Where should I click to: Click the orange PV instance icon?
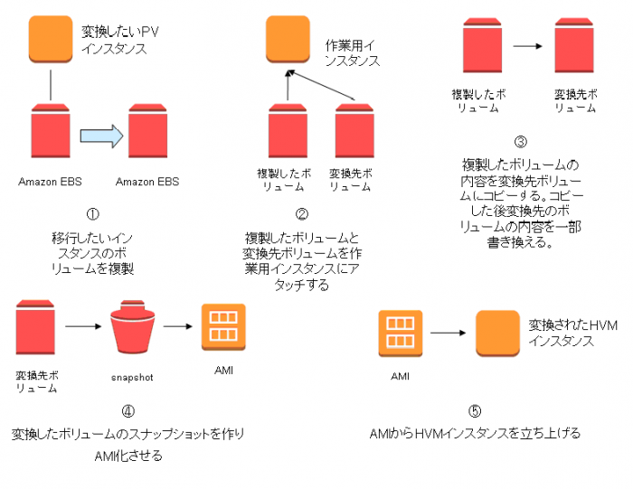point(51,39)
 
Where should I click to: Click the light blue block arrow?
point(101,136)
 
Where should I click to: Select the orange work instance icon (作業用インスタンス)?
point(288,39)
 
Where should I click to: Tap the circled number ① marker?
point(93,214)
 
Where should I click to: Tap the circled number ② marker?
point(302,214)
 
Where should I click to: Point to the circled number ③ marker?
point(521,142)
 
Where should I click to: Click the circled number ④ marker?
point(128,411)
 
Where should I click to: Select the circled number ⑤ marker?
point(475,411)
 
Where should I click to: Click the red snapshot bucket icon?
point(132,327)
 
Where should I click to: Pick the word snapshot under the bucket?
point(132,378)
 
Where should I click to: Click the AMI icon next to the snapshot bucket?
point(223,327)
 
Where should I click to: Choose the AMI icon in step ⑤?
point(401,334)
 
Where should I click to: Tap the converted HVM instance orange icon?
point(497,334)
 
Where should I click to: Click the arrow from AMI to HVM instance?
point(449,333)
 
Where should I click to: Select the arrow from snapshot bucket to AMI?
point(178,326)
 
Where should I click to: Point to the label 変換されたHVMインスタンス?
point(572,333)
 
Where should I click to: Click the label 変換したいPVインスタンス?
point(120,40)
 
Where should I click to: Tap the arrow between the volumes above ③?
point(527,46)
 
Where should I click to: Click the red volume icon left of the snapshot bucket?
point(35,327)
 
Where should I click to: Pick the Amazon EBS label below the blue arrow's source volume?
point(50,182)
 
